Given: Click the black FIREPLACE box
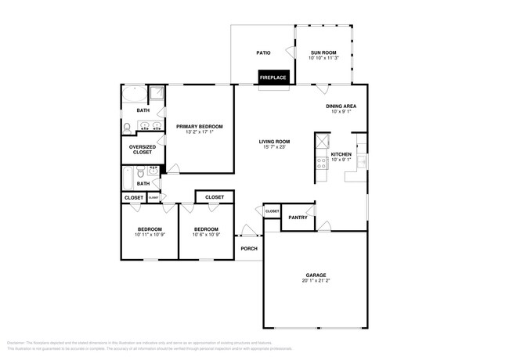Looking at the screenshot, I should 274,77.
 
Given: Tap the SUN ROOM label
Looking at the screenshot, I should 323,52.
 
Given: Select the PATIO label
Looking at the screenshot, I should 263,53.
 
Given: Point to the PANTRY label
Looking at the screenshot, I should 298,218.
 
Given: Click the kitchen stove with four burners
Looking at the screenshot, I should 321,163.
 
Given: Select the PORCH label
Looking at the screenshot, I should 249,249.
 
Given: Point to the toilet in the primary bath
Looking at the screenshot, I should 127,127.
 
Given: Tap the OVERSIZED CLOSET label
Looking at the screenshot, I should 142,149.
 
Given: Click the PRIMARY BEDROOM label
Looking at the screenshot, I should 199,126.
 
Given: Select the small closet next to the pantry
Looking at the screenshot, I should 272,211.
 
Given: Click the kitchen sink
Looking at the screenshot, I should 361,160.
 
